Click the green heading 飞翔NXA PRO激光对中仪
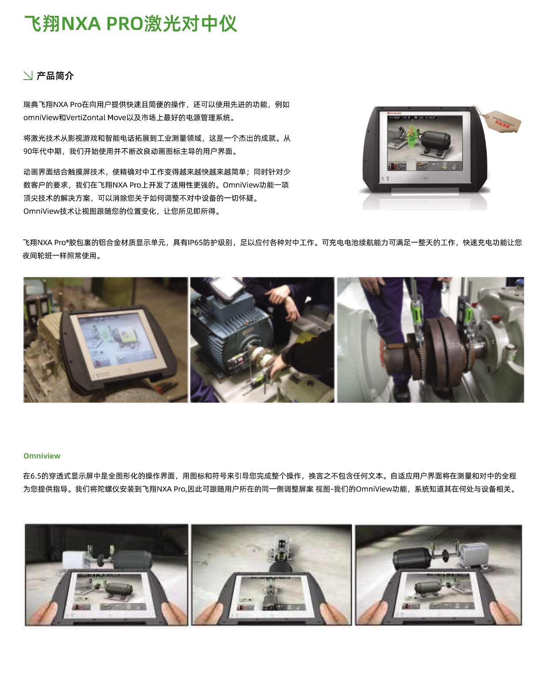131,24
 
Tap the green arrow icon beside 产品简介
28,75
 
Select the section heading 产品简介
55,76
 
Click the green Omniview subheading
42,456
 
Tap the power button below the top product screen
425,178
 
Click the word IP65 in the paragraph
195,243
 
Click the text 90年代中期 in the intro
42,151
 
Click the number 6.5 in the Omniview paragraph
35,476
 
